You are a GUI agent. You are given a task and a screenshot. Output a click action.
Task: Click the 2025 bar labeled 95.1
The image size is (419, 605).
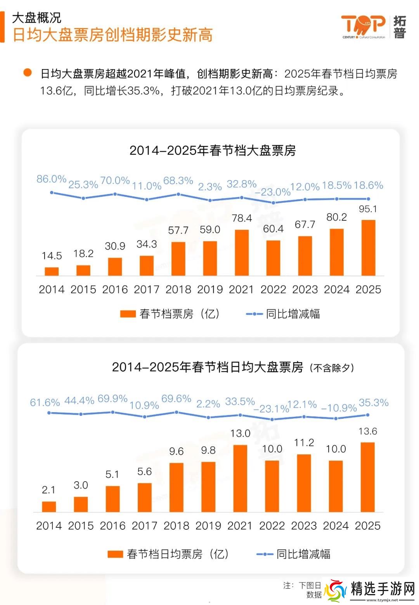tap(368, 248)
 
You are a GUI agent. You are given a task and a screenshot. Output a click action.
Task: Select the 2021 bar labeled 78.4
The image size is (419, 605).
tap(242, 253)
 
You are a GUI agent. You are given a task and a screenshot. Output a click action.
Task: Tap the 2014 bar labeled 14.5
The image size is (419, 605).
tap(52, 271)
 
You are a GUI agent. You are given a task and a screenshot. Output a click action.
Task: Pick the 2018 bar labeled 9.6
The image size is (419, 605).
tap(176, 487)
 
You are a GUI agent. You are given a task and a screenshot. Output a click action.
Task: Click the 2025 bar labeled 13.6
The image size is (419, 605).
tap(367, 477)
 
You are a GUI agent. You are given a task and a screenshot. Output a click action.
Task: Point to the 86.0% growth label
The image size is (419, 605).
tap(51, 179)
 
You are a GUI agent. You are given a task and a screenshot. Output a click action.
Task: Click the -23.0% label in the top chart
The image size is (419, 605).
tap(273, 192)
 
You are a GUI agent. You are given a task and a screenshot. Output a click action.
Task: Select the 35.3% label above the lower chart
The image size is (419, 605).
tap(374, 402)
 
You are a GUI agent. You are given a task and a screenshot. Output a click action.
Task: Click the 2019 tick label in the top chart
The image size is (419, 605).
tap(210, 289)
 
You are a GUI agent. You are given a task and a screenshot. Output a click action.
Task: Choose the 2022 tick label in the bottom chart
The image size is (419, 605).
tap(272, 525)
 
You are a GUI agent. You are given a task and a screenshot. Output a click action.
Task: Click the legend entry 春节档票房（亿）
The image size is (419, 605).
tap(171, 314)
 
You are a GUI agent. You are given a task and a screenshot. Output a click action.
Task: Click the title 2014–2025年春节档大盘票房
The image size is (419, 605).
tap(212, 150)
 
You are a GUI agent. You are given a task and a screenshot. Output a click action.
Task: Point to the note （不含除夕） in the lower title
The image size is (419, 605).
tap(332, 368)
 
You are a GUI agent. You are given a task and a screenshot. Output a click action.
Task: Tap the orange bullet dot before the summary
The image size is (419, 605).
tap(27, 73)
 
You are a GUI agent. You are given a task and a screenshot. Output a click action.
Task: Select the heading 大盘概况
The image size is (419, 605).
tap(37, 17)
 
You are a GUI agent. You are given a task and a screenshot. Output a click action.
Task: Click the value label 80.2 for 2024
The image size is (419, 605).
tap(336, 217)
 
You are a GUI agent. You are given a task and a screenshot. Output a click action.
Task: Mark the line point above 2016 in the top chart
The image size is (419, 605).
tap(115, 194)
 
